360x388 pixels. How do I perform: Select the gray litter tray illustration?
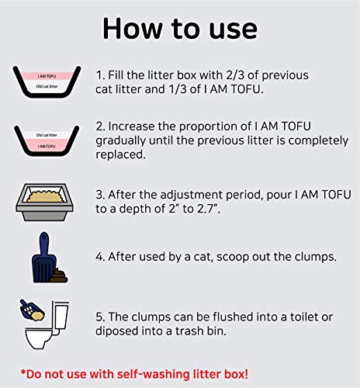pyautogui.click(x=47, y=202)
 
